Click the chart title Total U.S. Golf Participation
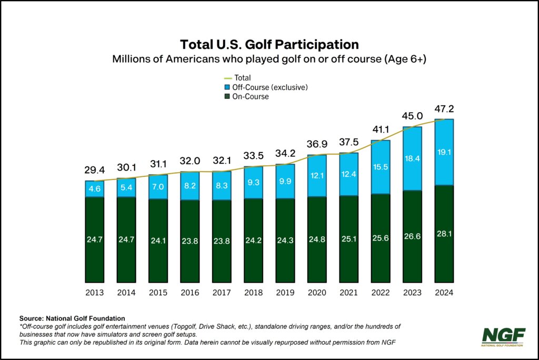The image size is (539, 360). click(269, 44)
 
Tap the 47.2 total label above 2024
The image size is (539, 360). click(445, 109)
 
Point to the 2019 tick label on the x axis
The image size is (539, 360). click(285, 292)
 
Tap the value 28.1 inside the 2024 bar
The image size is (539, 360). click(444, 239)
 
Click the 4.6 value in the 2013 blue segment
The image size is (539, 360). click(95, 188)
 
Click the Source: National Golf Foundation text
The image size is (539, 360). click(72, 318)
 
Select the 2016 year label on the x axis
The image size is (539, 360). click(190, 292)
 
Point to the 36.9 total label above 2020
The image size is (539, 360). click(317, 144)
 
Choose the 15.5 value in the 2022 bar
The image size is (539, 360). click(381, 167)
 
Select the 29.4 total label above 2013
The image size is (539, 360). click(95, 171)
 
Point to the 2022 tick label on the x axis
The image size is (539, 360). click(381, 292)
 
